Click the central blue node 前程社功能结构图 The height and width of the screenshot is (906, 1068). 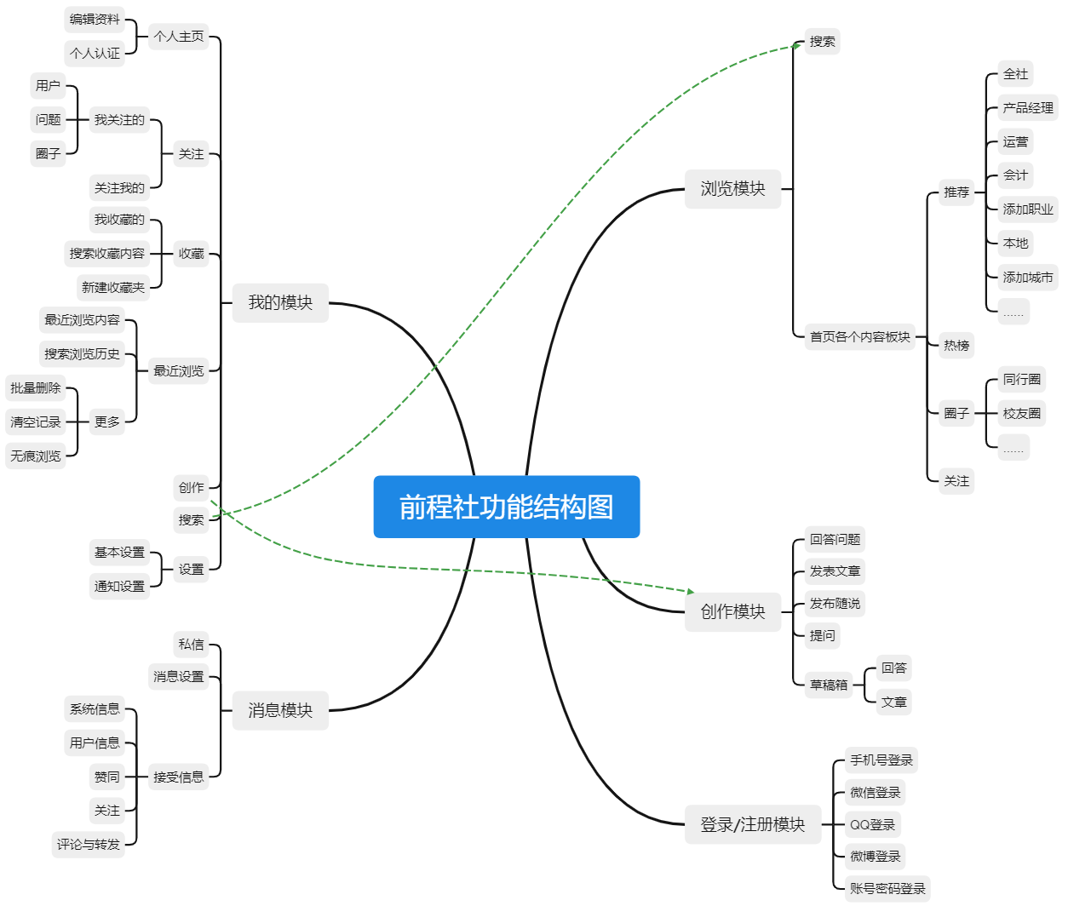(x=506, y=507)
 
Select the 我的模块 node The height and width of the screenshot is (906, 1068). (x=280, y=302)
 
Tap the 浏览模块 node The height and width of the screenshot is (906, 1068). (x=732, y=188)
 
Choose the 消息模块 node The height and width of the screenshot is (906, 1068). (x=280, y=710)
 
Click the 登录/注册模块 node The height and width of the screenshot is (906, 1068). (x=752, y=824)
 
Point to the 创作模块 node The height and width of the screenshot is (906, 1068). (x=732, y=611)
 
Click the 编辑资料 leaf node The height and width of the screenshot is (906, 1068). (x=95, y=19)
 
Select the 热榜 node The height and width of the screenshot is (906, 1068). (x=956, y=345)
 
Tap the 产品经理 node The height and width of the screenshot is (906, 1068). (x=1028, y=107)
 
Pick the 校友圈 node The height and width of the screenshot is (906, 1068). (x=1021, y=413)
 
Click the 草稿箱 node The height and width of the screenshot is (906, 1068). (x=829, y=684)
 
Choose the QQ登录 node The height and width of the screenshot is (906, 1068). (x=872, y=824)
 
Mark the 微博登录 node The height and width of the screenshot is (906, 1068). (x=875, y=856)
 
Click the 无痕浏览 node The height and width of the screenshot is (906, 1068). (x=36, y=456)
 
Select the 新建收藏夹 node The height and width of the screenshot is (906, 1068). (x=113, y=287)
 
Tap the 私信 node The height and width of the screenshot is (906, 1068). (x=191, y=645)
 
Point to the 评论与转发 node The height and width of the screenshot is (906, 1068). (x=89, y=844)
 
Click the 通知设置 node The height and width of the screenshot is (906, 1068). (x=119, y=586)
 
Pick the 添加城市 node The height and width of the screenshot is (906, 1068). (x=1028, y=277)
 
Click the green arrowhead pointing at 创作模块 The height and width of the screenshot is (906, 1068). (x=691, y=591)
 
